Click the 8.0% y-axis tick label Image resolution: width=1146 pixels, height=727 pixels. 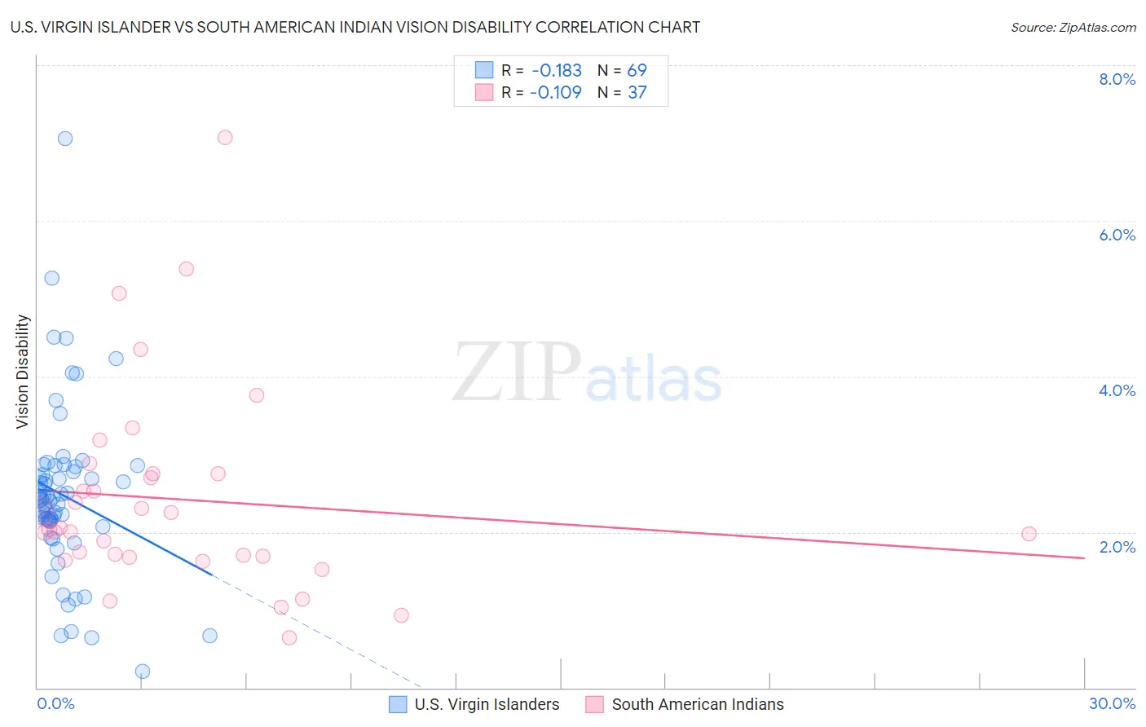coord(1117,79)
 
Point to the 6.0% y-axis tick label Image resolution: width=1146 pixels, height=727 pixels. coord(1117,235)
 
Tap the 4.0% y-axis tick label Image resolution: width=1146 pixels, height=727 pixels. coord(1117,390)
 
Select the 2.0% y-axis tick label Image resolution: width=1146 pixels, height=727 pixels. coord(1117,547)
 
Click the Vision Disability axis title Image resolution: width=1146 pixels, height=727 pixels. coord(23,372)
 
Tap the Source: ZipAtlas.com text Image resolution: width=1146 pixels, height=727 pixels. coord(1073,28)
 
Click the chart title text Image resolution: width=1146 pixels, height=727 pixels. coord(355,28)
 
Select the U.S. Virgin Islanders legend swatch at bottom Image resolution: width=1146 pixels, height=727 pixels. coord(398,705)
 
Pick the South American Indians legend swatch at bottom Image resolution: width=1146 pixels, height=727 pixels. coord(595,705)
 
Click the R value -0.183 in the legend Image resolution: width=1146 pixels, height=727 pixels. coord(556,71)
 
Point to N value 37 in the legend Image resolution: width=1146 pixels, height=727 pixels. coord(637,93)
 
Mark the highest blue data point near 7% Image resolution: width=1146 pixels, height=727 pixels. coord(65,139)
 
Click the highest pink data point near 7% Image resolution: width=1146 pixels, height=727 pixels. coord(225,138)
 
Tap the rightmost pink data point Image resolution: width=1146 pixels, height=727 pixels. coord(1029,534)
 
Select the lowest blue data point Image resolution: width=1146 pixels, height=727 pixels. coord(143,672)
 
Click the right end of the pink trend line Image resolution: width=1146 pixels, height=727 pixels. coord(1084,557)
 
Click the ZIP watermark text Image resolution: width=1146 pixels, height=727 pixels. coord(517,373)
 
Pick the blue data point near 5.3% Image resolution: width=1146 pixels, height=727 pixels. coord(52,278)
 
